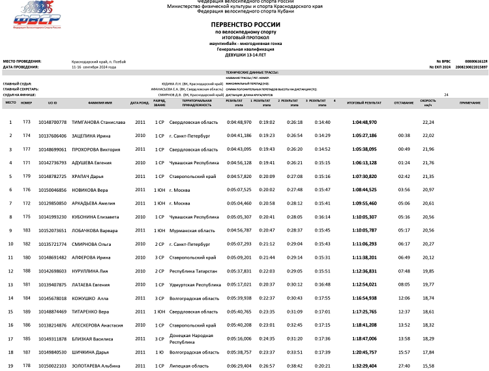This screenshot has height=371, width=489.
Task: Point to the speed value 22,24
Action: tap(428, 122)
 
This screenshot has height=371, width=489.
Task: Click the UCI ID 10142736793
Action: tap(52, 162)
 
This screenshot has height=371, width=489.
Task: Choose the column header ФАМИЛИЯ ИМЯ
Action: tap(99, 103)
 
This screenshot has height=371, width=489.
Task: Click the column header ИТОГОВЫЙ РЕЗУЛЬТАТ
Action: tap(364, 103)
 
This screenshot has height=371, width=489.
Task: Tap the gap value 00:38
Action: tap(404, 136)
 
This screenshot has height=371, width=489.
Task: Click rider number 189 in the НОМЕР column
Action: tap(27, 312)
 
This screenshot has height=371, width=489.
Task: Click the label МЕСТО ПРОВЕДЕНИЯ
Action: tap(18, 61)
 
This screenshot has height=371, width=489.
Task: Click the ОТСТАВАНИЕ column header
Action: tap(404, 103)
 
